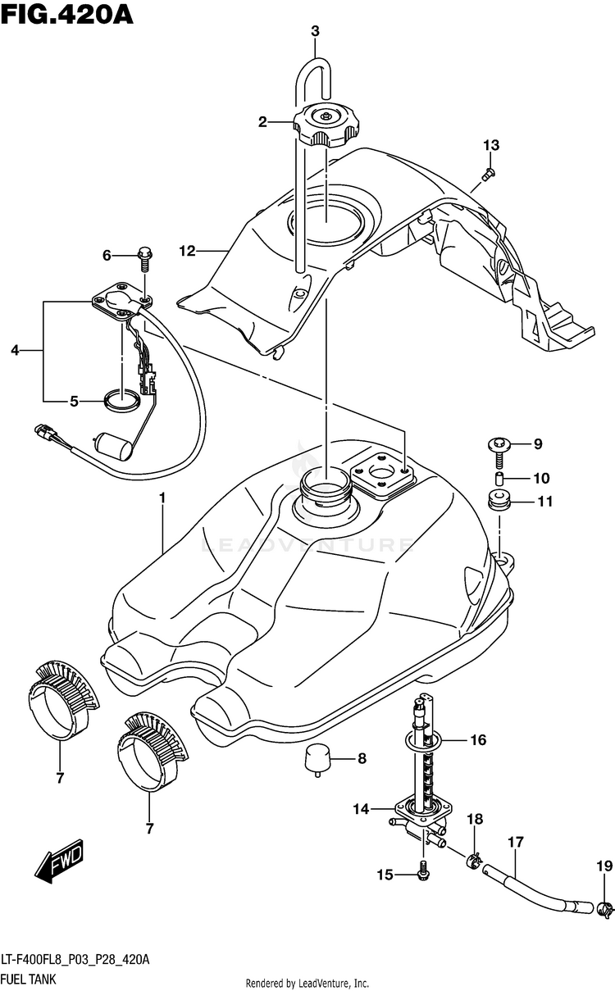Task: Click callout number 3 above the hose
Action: (315, 31)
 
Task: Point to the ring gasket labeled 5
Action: (121, 401)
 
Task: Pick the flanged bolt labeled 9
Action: (499, 451)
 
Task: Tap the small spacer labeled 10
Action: (499, 479)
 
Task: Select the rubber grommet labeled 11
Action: (499, 500)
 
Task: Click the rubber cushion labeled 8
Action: (317, 760)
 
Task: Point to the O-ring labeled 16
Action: (422, 739)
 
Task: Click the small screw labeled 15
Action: (423, 869)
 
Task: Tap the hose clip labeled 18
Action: (473, 860)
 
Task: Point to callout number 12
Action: (187, 252)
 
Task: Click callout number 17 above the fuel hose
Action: (516, 842)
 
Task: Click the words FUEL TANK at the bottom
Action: (29, 979)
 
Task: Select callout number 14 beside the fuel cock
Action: (361, 809)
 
